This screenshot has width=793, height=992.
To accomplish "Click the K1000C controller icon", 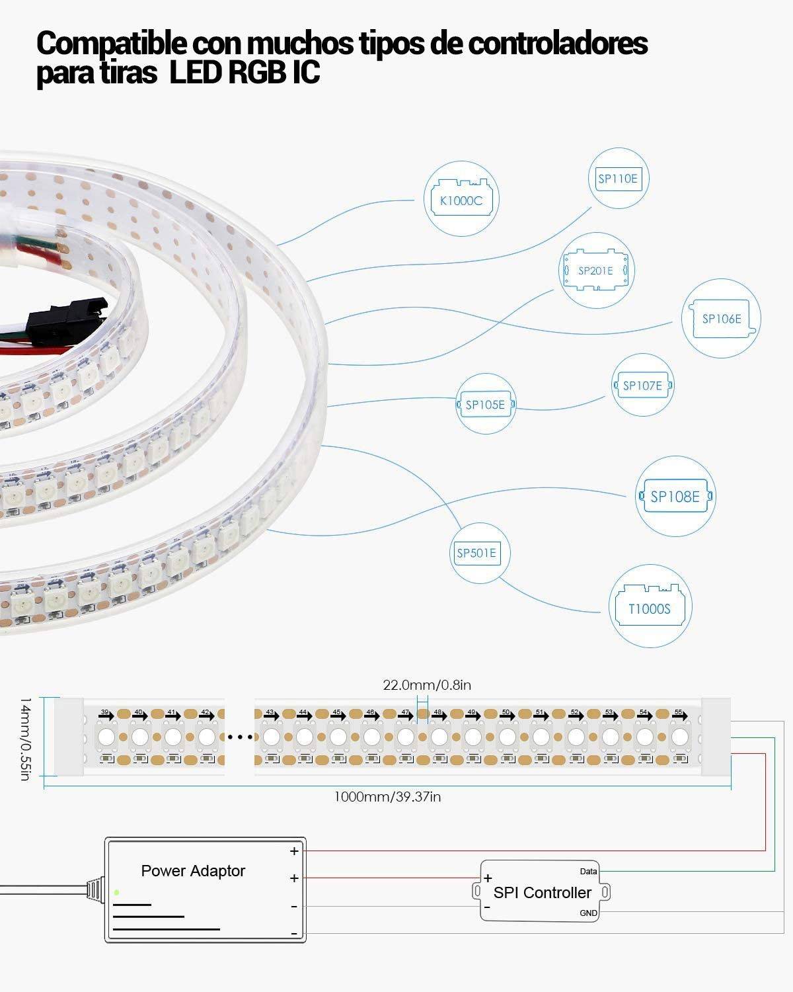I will tap(461, 199).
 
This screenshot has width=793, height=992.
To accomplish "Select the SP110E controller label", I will tap(618, 179).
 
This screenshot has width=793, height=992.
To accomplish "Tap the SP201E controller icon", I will tap(595, 270).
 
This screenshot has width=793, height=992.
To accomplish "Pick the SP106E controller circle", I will tap(721, 319).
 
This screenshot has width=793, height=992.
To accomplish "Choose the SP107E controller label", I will tap(642, 386).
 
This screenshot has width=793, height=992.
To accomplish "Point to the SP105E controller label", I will tap(485, 405).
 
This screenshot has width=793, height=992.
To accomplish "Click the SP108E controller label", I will tap(675, 497).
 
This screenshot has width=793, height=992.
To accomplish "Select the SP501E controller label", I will tap(476, 553).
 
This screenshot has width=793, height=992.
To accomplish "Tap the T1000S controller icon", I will tap(649, 606).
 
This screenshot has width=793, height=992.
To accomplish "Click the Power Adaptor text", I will tap(193, 871).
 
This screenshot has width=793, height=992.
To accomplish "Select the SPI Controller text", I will tap(543, 893).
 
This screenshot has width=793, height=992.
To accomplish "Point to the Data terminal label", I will tap(588, 872).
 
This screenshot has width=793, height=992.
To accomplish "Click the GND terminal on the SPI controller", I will tap(588, 913).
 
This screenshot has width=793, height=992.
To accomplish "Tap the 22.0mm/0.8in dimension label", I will tap(427, 685).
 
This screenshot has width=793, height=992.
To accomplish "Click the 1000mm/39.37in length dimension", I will tap(387, 797).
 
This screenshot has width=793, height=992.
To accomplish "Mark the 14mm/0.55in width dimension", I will tap(25, 737).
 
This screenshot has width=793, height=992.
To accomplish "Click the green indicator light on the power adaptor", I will tap(117, 893).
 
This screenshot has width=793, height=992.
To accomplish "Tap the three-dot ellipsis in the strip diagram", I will tap(239, 736).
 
